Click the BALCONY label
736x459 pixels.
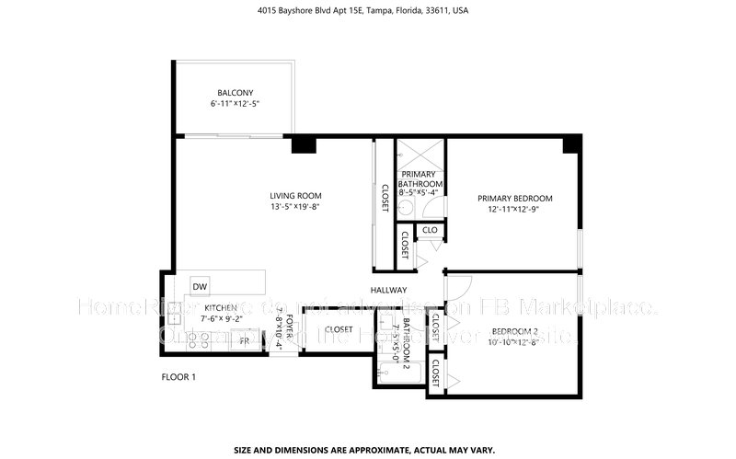[x=236, y=93]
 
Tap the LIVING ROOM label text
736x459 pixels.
[x=295, y=195]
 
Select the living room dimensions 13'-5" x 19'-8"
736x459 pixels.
[x=295, y=207]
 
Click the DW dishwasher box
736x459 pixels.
[x=200, y=287]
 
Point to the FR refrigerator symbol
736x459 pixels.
[x=244, y=340]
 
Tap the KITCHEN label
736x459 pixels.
[x=221, y=308]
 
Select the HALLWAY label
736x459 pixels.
[x=389, y=290]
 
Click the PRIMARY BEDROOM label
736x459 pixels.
[x=514, y=198]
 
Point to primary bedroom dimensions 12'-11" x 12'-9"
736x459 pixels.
[x=514, y=210]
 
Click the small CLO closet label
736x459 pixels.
[x=429, y=230]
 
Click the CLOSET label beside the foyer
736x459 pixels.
[x=339, y=329]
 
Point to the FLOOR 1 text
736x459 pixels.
[x=178, y=377]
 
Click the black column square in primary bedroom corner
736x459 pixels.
[x=572, y=143]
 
